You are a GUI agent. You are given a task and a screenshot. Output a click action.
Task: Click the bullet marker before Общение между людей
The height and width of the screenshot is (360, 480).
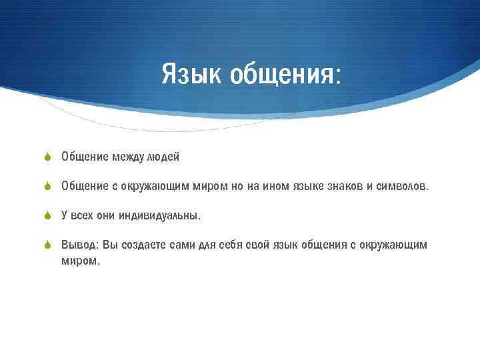click(x=48, y=157)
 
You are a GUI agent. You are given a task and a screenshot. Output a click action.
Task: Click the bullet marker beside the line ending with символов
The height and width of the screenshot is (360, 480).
click(x=48, y=187)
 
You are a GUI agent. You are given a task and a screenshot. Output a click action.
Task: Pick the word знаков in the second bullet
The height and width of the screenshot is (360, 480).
click(x=344, y=186)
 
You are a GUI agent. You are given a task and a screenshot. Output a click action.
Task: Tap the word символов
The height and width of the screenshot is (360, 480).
click(x=403, y=186)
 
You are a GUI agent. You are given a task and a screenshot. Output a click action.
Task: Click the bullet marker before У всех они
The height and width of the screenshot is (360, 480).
click(x=48, y=216)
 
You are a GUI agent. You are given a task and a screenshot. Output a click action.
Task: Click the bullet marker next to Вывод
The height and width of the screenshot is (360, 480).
click(x=48, y=245)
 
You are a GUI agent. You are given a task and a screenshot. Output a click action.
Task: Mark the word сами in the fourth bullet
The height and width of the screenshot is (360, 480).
click(x=183, y=245)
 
